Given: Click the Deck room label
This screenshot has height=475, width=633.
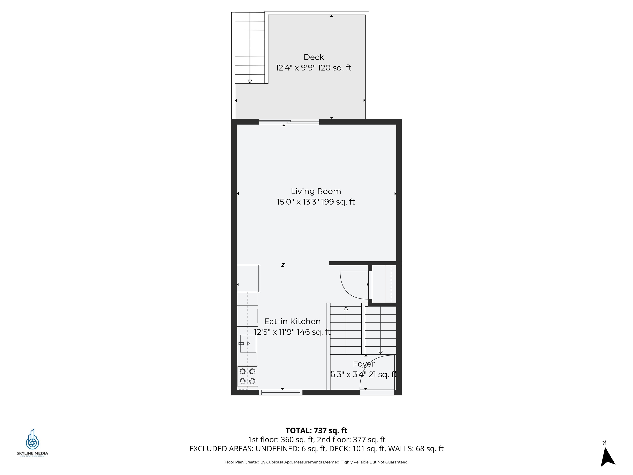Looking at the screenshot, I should pos(314,57).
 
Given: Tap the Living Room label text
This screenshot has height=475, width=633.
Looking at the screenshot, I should pos(316,191).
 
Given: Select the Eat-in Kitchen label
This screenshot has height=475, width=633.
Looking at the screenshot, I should pos(292,321).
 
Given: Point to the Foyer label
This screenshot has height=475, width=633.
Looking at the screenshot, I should pos(363,364).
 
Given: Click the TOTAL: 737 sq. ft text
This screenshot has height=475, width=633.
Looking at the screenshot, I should pos(316,430).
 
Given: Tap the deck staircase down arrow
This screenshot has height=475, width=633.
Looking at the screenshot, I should pos(250,81).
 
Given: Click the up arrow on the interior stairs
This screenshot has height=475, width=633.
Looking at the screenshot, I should pos(346,309).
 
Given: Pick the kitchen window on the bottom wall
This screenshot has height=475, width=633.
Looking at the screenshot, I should pos(281,392).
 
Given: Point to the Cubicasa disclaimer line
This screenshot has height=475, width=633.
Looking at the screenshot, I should pos(316,462).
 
